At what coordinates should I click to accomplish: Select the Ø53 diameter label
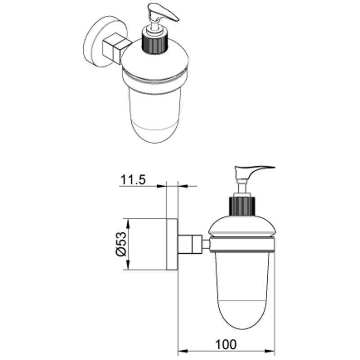[121, 244]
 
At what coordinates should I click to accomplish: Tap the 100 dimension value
[226, 344]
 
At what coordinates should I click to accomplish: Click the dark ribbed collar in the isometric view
[154, 44]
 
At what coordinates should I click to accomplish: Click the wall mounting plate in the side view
[172, 244]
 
